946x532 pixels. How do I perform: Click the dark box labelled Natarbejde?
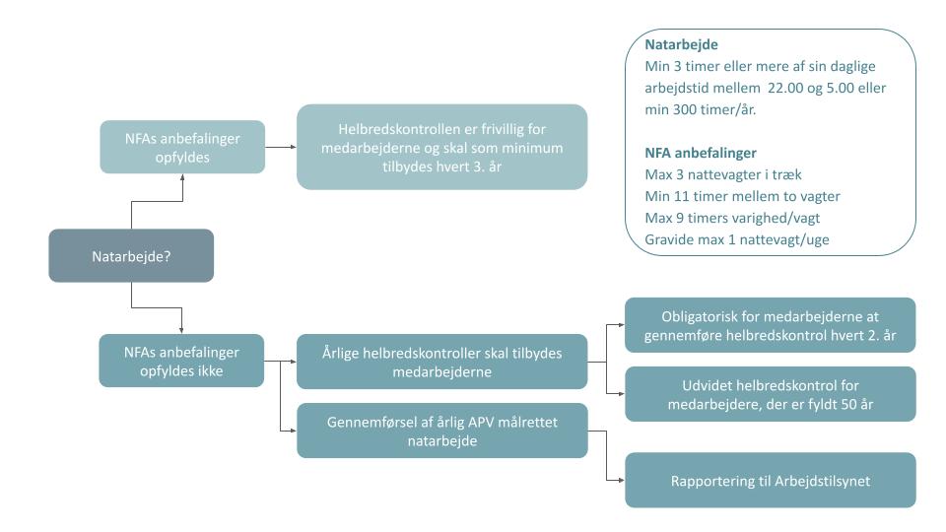coord(131,255)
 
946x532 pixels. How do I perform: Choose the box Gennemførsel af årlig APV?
coord(441,430)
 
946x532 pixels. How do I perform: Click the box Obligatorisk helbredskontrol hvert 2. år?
coord(770,325)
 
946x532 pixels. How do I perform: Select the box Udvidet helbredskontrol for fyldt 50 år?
coord(770,394)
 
